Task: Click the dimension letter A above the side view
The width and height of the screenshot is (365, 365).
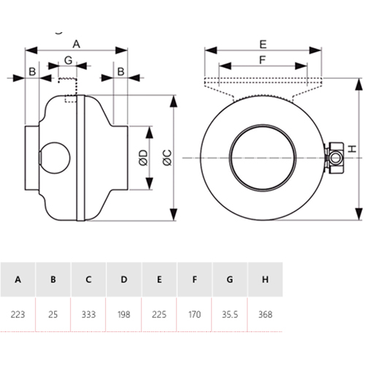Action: coord(76,44)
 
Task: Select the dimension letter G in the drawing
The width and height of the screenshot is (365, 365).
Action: coord(68,59)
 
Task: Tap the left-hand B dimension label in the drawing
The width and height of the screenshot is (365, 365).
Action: coord(32,72)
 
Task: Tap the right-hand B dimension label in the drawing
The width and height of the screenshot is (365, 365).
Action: coord(120,72)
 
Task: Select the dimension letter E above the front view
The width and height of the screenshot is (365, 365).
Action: coord(264,44)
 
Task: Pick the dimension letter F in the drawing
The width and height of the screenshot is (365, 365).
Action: coord(263,60)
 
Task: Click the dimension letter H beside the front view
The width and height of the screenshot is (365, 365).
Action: coord(352,149)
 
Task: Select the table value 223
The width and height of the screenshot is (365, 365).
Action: coord(18,315)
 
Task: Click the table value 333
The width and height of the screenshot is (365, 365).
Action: coord(88,315)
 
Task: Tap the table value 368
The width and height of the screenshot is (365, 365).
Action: coord(265,315)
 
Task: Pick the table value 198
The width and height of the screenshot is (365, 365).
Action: coord(123,315)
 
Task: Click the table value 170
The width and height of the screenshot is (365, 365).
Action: coord(194,315)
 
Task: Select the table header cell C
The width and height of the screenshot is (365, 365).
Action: coord(88,280)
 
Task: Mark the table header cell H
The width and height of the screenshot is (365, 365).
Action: coord(265,280)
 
